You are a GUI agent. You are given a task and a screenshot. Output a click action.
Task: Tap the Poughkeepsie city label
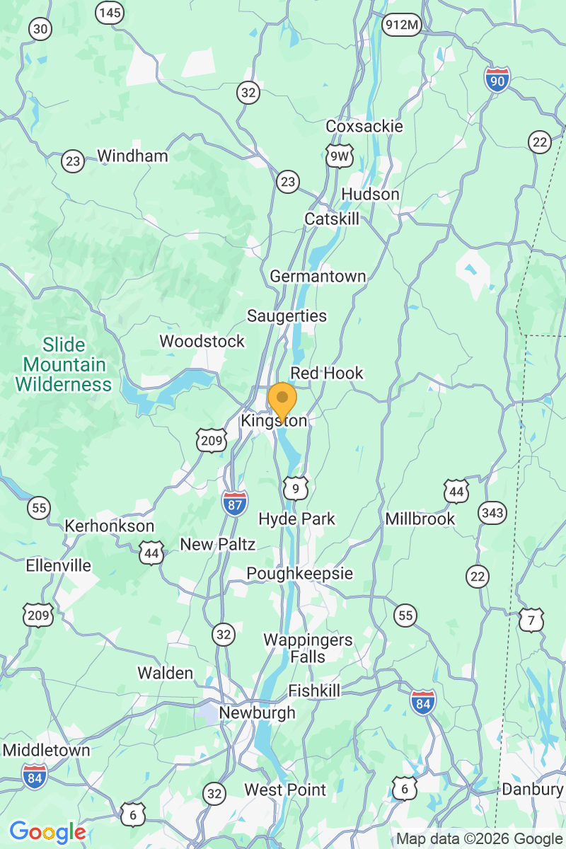point(299,573)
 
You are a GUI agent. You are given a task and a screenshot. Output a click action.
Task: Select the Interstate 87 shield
point(234,502)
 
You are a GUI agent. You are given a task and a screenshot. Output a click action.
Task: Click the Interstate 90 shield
point(498,79)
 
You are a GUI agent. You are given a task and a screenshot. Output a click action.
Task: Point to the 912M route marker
point(402,25)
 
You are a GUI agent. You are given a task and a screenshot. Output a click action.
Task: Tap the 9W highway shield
point(340,157)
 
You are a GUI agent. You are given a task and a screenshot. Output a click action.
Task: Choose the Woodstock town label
point(202,341)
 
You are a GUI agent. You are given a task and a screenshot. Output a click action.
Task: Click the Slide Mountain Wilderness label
point(64,365)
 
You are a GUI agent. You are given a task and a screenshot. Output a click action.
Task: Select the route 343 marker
point(492,512)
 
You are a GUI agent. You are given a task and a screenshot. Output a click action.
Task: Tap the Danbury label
point(532,789)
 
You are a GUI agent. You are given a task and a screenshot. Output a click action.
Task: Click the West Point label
point(285,790)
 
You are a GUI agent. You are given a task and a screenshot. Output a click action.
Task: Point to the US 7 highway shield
point(531,620)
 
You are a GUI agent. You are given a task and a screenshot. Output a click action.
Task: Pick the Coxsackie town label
point(364,126)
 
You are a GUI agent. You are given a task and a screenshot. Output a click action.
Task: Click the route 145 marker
point(110,12)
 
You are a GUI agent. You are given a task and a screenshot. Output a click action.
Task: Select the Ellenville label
point(59,565)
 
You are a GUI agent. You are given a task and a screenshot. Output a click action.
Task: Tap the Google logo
point(47,832)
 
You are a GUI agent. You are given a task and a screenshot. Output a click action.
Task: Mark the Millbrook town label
point(420,519)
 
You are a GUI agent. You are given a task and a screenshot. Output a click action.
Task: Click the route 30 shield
point(40,29)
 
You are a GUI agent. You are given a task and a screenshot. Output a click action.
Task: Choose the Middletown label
point(47,750)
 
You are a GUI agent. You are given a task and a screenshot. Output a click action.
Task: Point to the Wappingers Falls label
point(308,648)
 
